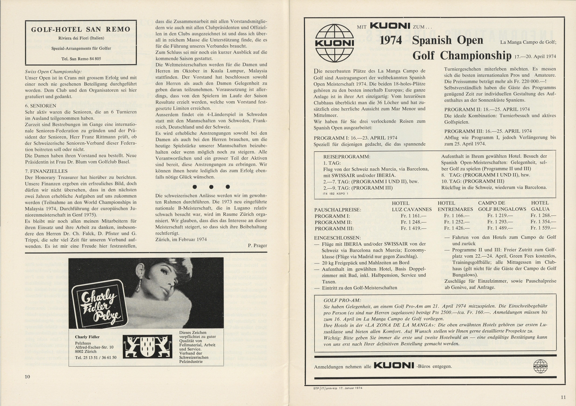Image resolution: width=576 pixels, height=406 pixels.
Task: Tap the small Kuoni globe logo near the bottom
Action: (x=540, y=366)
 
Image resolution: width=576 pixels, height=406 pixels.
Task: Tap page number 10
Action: (x=27, y=376)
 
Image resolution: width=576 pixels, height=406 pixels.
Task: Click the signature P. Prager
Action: (x=257, y=245)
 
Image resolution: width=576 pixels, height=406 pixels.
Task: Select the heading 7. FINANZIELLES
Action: (x=46, y=171)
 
